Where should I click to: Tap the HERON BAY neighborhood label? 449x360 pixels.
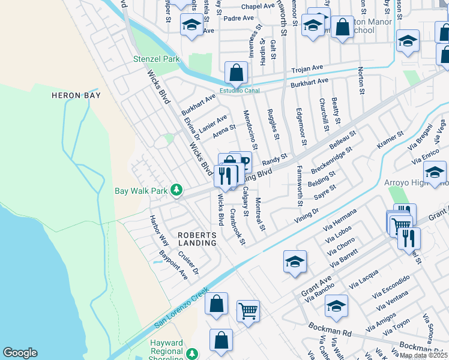(75, 95)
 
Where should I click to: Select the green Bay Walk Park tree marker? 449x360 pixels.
(176, 190)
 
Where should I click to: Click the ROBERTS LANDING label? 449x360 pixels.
(196, 239)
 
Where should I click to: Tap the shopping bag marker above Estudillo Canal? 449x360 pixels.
(237, 73)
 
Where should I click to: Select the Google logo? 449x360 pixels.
(20, 353)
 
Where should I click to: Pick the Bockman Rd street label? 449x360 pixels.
(330, 329)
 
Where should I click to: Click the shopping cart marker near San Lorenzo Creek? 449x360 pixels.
(248, 311)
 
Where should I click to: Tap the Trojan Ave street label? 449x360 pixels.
(307, 70)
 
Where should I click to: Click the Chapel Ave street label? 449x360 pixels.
(258, 7)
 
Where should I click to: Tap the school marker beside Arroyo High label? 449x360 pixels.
(435, 172)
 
